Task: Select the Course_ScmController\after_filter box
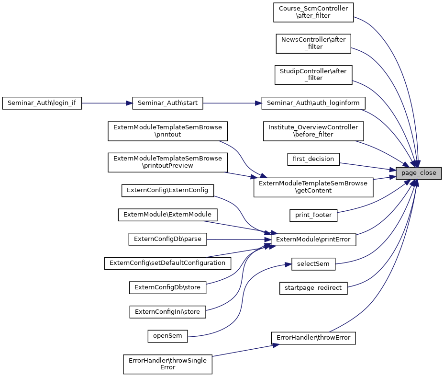click(313, 12)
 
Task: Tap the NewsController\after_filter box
click(313, 43)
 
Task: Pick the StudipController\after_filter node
click(313, 74)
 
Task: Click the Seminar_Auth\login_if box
click(42, 103)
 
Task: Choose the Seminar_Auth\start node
click(167, 103)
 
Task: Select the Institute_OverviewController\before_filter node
click(313, 131)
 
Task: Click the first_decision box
click(313, 159)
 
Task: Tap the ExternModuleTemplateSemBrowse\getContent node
click(313, 187)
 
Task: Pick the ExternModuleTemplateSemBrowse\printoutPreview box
click(167, 162)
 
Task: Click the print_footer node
click(313, 215)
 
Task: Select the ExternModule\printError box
click(313, 239)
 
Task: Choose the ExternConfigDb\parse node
click(167, 239)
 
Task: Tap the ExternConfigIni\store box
click(167, 312)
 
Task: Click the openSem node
click(167, 336)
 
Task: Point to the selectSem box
click(313, 263)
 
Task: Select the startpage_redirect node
click(313, 288)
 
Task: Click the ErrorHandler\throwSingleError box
click(167, 364)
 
